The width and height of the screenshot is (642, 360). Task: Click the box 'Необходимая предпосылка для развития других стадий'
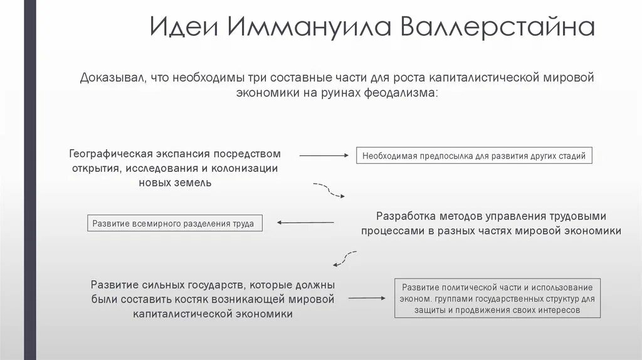[474, 156]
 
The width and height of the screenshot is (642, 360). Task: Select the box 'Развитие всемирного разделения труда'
[174, 223]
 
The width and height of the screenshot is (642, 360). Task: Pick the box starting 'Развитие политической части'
[497, 298]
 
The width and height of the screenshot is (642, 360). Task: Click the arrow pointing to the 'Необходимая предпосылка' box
[324, 155]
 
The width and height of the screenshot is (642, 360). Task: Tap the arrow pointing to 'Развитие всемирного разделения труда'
[305, 222]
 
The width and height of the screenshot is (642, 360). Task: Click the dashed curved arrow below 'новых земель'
[329, 190]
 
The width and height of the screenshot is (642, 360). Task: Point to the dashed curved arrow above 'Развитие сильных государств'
[344, 257]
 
